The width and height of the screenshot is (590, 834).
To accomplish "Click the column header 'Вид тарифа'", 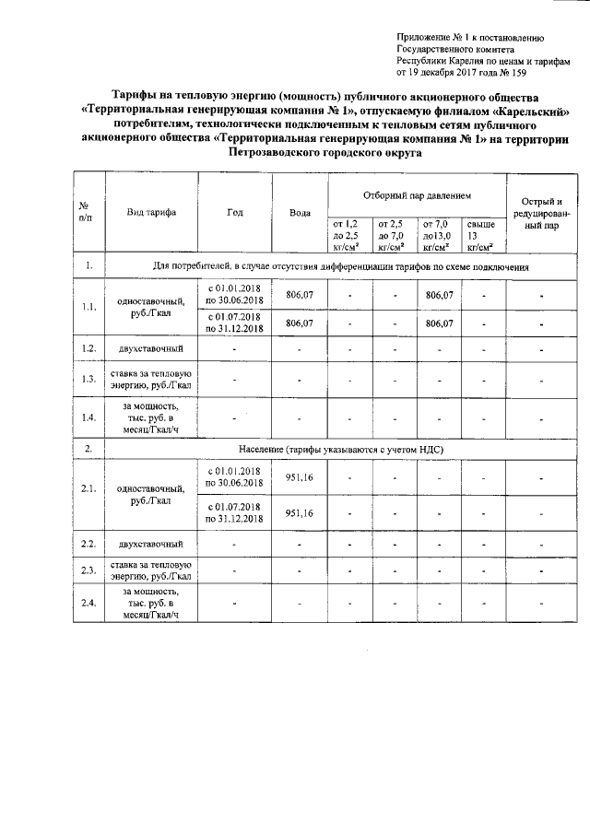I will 151,213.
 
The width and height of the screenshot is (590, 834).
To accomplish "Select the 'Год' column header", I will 234,213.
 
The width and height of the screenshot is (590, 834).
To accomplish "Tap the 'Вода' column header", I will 299,214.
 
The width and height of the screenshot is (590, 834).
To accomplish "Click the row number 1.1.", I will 88,308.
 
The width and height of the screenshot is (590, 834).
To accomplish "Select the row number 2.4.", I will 88,604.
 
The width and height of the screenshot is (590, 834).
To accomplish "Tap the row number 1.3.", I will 88,379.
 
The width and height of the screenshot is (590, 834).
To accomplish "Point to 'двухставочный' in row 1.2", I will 151,348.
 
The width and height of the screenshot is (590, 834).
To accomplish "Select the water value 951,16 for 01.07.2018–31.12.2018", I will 299,513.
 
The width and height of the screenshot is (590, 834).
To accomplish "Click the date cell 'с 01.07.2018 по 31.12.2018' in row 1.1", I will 234,323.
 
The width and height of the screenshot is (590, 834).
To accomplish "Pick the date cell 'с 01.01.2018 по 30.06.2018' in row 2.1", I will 234,477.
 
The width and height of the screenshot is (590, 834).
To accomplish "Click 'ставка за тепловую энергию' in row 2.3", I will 151,570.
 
